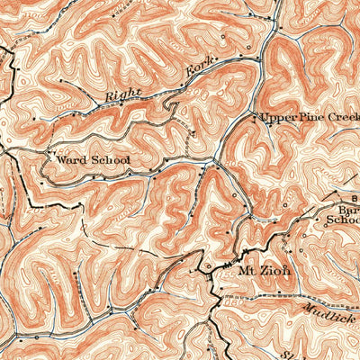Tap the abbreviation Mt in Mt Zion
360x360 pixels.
tap(246, 270)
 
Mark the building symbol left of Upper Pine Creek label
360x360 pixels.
tap(255, 117)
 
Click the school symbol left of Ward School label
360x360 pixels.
tap(49, 157)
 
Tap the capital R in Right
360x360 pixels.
tap(109, 94)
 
